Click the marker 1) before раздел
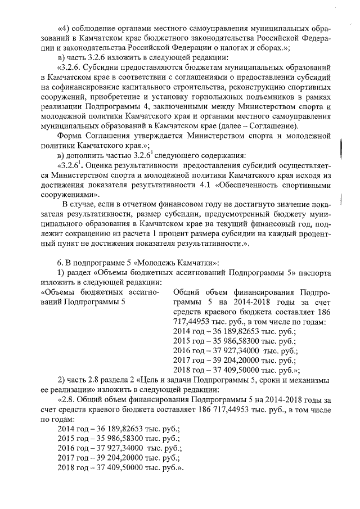[x=63, y=273]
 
